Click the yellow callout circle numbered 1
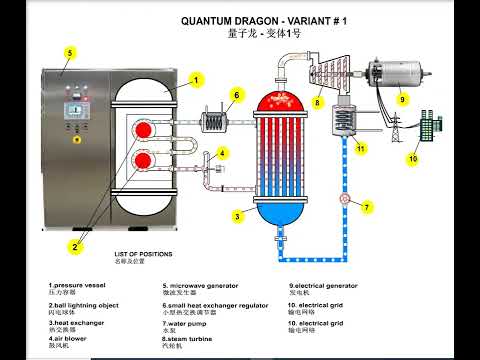[x=196, y=79]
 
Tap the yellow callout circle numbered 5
[x=69, y=52]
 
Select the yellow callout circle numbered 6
[x=237, y=96]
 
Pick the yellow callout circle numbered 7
[x=367, y=207]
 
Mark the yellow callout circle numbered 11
[x=362, y=147]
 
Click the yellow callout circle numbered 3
[x=238, y=215]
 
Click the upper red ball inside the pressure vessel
[x=143, y=129]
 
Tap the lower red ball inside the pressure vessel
[x=143, y=159]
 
